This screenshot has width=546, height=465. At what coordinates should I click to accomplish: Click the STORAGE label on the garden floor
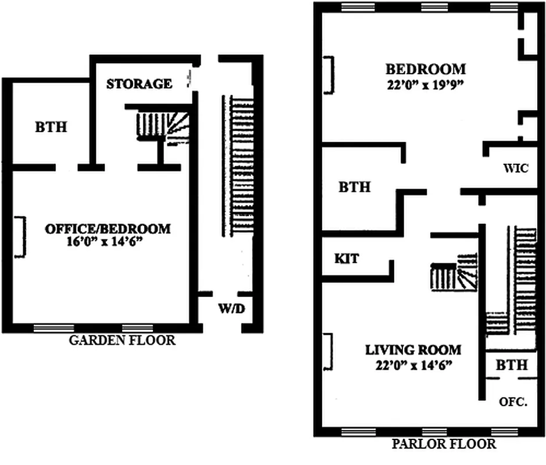[139, 84]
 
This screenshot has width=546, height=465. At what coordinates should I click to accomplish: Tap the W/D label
[231, 308]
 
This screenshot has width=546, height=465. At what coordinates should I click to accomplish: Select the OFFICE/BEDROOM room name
[108, 228]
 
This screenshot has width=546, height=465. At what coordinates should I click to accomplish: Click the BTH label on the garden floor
[51, 127]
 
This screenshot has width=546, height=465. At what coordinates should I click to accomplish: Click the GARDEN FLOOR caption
[122, 340]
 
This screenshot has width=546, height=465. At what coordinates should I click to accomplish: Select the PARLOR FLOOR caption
[444, 445]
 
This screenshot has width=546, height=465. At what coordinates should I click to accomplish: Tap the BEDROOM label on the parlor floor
[427, 69]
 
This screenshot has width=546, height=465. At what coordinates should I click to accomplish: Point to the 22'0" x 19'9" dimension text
[427, 83]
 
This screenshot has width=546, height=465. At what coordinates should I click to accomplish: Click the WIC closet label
[516, 169]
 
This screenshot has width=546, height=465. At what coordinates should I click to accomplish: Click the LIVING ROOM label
[413, 350]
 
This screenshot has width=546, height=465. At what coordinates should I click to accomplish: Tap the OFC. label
[513, 401]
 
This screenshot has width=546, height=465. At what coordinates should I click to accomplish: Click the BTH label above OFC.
[512, 365]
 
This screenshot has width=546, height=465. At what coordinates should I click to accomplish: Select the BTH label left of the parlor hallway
[355, 187]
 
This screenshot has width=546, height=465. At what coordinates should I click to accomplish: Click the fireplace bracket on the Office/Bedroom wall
[20, 237]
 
